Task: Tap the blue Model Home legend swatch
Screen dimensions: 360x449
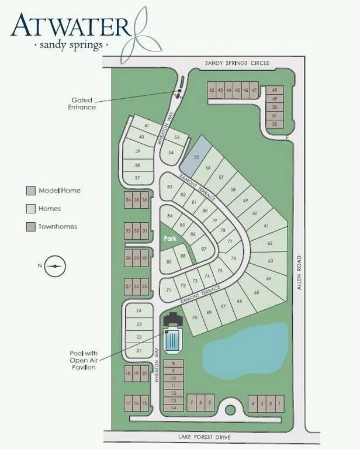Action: pyautogui.click(x=31, y=191)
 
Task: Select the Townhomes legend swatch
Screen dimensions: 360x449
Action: pyautogui.click(x=31, y=227)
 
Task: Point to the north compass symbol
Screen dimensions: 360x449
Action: pyautogui.click(x=55, y=266)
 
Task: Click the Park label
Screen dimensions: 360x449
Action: pyautogui.click(x=170, y=239)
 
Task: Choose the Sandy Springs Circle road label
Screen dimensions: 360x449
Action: pyautogui.click(x=237, y=63)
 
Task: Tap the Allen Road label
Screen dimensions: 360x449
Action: pyautogui.click(x=299, y=272)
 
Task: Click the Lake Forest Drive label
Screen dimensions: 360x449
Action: pyautogui.click(x=205, y=437)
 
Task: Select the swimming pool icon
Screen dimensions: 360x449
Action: pyautogui.click(x=172, y=340)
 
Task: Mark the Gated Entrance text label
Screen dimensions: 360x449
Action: pyautogui.click(x=82, y=103)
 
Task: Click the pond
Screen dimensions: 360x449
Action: pyautogui.click(x=245, y=351)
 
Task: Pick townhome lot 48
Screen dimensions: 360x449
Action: pyautogui.click(x=275, y=90)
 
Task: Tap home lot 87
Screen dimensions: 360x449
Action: pyautogui.click(x=203, y=248)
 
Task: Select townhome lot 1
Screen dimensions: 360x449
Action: pyautogui.click(x=279, y=404)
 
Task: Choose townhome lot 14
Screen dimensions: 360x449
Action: pyautogui.click(x=174, y=407)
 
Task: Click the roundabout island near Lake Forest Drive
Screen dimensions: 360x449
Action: pyautogui.click(x=230, y=410)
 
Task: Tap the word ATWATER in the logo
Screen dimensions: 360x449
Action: pyautogui.click(x=70, y=26)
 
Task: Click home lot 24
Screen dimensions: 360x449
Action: pyautogui.click(x=139, y=310)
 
